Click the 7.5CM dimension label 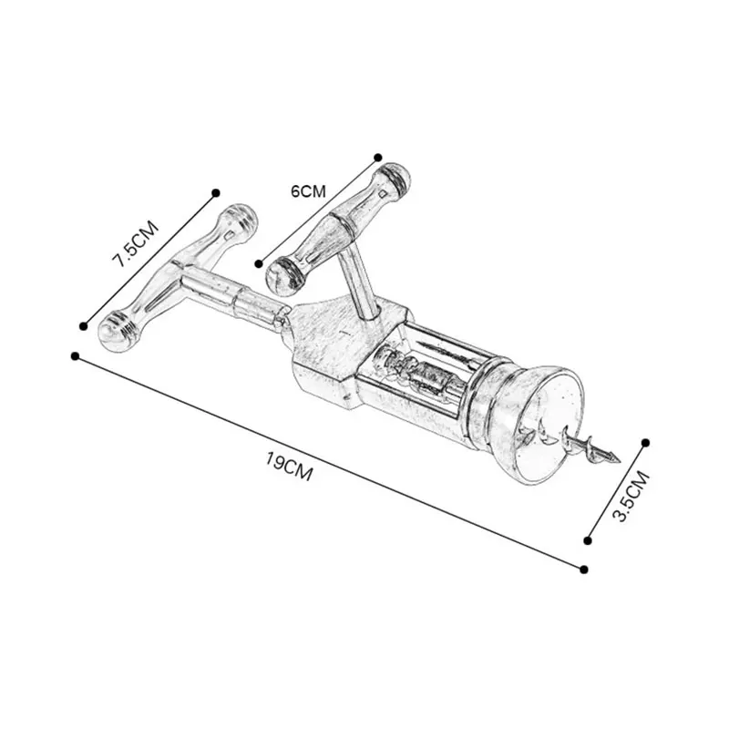(135, 242)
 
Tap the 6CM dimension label (307, 191)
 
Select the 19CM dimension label (290, 471)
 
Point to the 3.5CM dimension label (631, 496)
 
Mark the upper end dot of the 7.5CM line (216, 192)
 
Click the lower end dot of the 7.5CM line (83, 325)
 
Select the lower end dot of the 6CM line (259, 262)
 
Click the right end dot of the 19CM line (583, 569)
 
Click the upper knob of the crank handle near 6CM (395, 179)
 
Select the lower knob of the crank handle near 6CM (284, 273)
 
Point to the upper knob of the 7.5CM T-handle (240, 220)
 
